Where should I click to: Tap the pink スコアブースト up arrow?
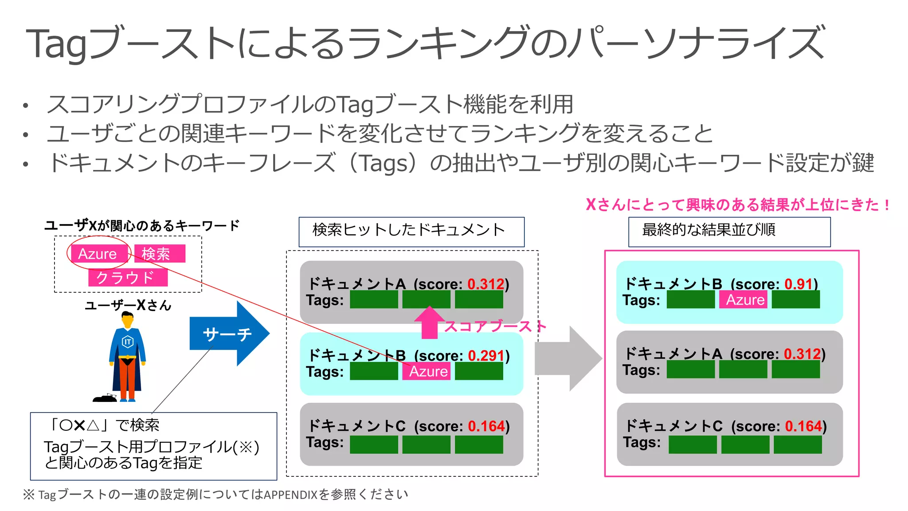point(429,322)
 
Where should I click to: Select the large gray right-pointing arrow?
point(568,358)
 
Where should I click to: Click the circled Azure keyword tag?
point(98,254)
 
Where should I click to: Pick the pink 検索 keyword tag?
point(159,254)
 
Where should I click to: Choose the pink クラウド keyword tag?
point(128,278)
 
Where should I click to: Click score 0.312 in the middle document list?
point(486,284)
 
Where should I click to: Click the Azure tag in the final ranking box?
point(745,300)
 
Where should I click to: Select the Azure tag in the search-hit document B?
point(428,371)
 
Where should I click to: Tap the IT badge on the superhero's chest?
point(128,342)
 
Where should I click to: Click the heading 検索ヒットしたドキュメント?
point(409,230)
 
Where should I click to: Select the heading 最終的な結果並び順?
point(708,230)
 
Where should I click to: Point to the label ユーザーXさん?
point(128,305)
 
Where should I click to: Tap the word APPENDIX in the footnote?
point(291,495)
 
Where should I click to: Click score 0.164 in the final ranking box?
point(803,426)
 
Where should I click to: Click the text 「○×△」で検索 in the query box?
point(105,425)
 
